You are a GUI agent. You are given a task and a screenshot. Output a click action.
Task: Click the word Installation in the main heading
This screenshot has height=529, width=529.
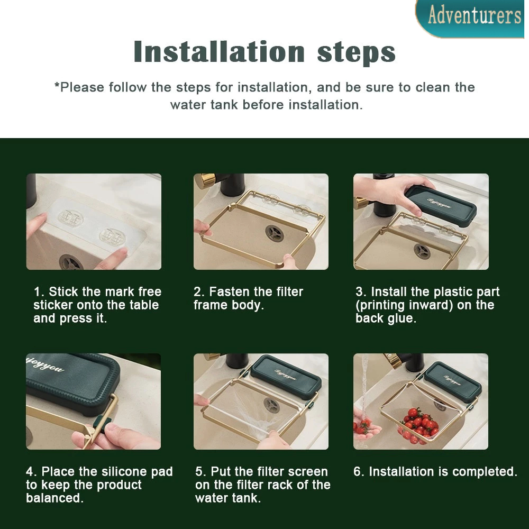(x=220, y=52)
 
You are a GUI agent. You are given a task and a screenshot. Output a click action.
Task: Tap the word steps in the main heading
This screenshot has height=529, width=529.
(x=356, y=52)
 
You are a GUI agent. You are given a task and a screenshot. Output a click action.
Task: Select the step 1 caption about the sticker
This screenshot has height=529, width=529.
(x=97, y=305)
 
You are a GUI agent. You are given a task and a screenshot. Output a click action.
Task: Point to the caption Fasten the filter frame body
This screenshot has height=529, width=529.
(x=248, y=298)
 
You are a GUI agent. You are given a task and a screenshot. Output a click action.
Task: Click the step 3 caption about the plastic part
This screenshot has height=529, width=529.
(x=427, y=305)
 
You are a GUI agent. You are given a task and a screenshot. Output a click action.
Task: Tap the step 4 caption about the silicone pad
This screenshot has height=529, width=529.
(x=99, y=485)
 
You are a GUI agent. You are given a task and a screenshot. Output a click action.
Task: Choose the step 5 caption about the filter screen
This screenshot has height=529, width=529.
(x=263, y=485)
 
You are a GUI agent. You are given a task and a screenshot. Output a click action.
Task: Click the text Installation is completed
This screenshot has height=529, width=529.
(x=435, y=472)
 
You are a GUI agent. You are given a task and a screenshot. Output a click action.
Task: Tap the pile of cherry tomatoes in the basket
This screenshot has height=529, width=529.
(x=418, y=425)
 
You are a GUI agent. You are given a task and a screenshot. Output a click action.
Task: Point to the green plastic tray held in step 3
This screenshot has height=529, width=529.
(x=440, y=205)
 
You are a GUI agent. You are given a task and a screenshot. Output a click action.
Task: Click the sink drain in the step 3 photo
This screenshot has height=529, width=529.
(x=422, y=251)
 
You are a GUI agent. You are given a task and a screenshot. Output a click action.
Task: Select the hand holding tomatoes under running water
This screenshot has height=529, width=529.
(x=365, y=428)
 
